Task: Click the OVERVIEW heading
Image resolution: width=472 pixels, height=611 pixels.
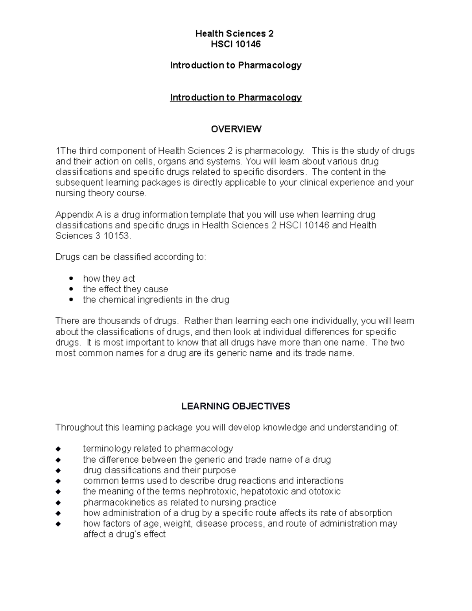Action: point(236,129)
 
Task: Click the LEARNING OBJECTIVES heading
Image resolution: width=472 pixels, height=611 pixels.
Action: point(236,406)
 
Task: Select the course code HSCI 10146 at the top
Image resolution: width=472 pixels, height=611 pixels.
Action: point(236,44)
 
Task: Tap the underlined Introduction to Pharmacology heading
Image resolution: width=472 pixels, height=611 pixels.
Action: point(236,98)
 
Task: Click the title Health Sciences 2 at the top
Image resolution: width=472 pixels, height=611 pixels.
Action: point(234,34)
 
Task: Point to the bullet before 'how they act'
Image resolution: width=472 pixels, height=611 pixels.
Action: point(71,279)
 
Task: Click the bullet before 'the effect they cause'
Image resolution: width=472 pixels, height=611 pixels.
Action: point(71,289)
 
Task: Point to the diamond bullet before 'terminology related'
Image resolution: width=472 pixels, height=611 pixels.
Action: point(58,449)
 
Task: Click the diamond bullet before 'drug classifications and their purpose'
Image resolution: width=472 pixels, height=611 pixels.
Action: point(58,471)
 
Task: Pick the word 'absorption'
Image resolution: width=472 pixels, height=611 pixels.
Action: point(371,513)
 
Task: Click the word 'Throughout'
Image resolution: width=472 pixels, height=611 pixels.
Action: point(77,428)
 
